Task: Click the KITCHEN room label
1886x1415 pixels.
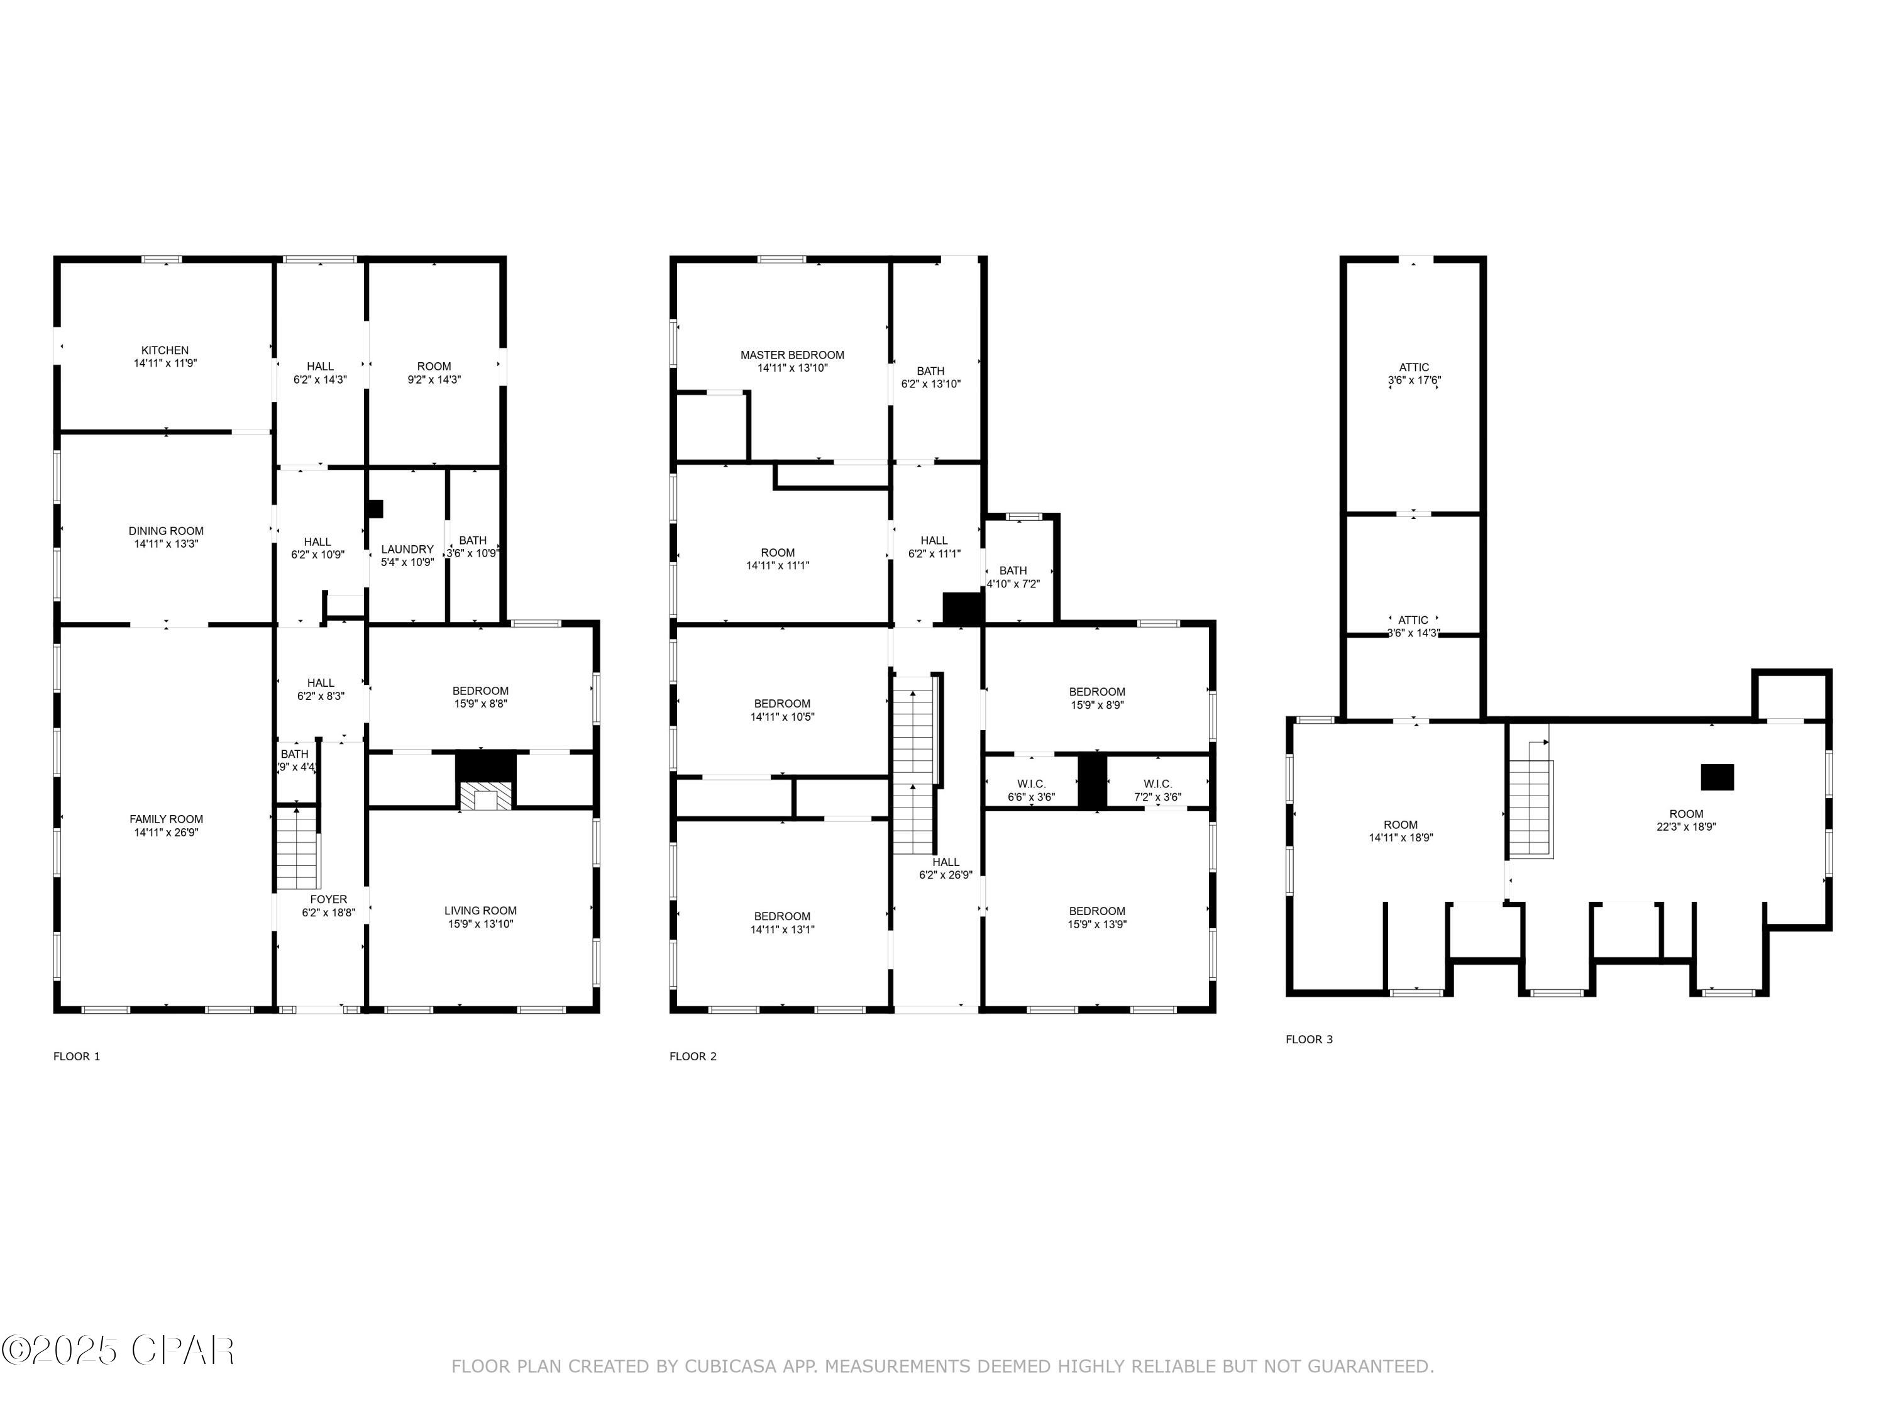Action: pos(165,350)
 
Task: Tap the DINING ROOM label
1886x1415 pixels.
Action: pos(165,531)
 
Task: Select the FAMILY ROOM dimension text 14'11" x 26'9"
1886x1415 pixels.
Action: pos(165,833)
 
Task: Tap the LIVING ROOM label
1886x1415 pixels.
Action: pos(480,911)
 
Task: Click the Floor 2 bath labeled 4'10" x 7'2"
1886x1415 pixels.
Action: pos(1013,577)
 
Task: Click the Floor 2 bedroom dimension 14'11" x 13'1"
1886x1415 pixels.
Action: pos(782,929)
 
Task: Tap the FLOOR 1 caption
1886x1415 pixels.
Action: pos(77,1057)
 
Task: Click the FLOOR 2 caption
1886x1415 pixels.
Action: pos(692,1057)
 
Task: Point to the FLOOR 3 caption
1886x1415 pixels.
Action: pos(1309,1040)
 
